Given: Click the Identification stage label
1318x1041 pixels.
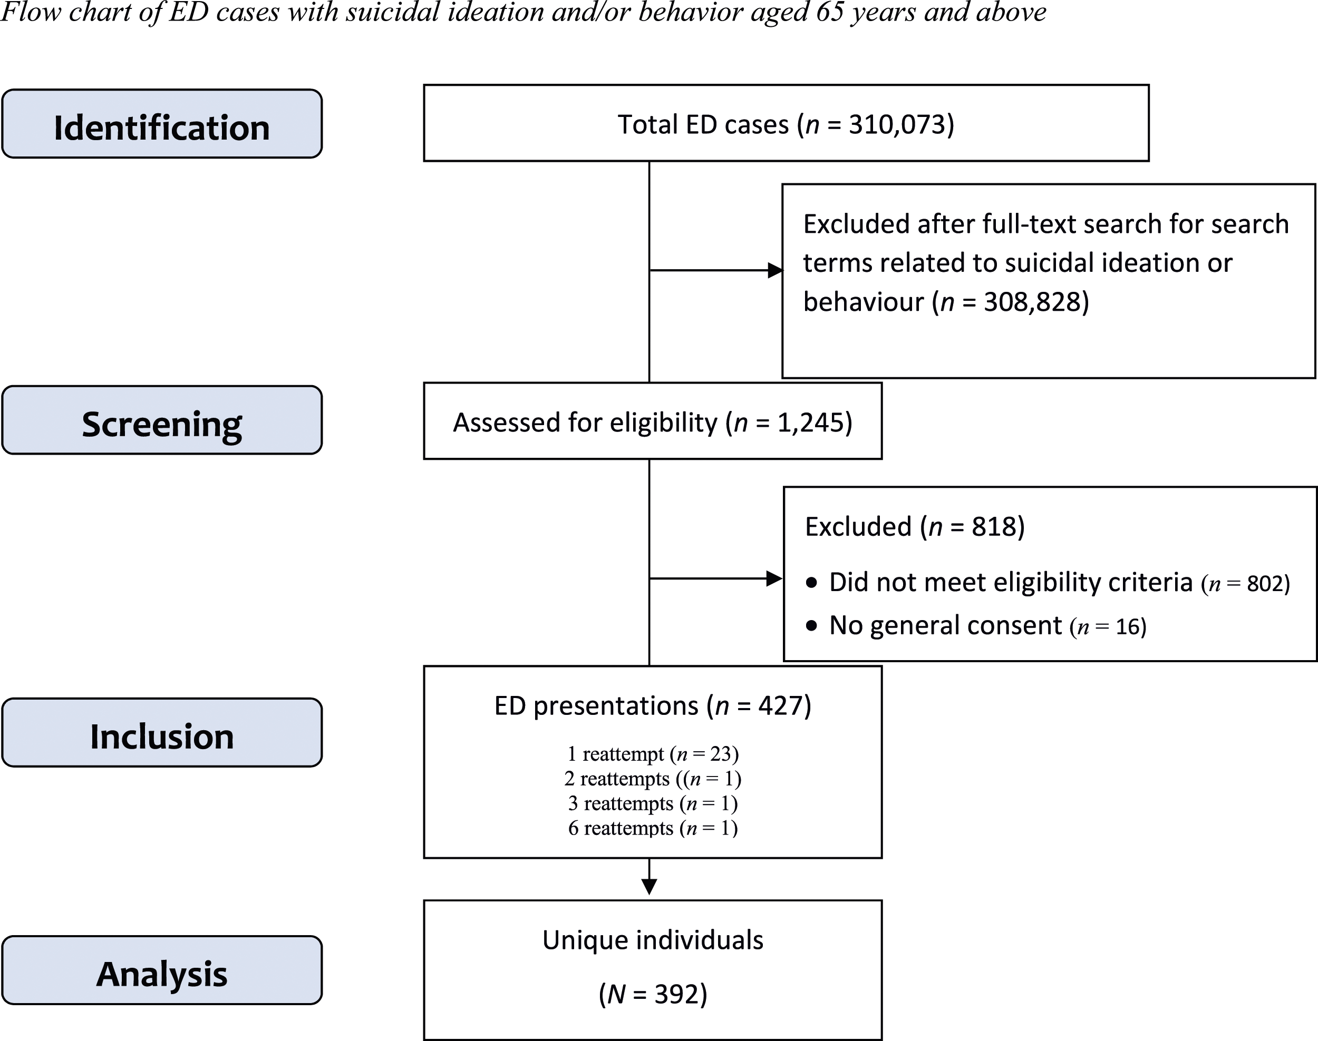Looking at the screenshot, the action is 162,128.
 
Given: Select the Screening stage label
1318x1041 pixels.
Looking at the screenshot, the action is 162,424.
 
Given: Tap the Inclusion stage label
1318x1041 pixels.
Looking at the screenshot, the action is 162,736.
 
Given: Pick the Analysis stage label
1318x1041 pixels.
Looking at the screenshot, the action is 162,974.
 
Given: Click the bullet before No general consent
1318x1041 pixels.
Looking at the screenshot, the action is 811,626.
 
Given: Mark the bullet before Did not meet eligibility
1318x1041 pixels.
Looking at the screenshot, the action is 811,583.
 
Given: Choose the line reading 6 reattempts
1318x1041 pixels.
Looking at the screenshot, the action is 653,828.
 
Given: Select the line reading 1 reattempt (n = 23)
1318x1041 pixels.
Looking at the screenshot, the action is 653,754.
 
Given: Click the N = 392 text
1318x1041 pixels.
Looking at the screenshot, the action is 653,994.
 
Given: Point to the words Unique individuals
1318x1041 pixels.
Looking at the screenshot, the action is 653,940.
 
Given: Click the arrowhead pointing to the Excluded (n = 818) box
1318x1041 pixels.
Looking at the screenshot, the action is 774,578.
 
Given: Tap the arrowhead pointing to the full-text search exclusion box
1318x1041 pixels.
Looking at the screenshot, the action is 774,270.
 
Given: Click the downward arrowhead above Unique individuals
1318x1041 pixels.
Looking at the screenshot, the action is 650,887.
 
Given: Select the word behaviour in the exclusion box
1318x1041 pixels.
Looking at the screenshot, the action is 863,302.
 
